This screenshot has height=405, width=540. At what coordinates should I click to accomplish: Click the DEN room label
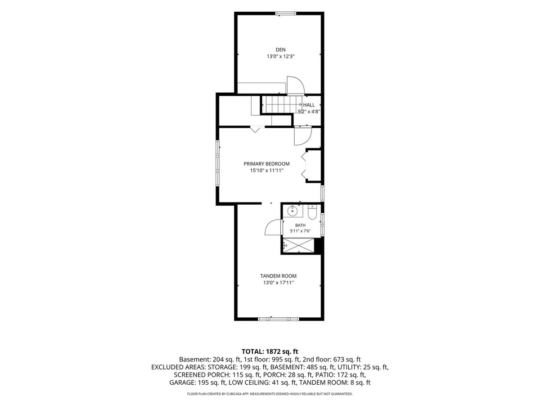coord(280,49)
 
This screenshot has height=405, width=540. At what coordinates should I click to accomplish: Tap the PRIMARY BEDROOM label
coord(266,164)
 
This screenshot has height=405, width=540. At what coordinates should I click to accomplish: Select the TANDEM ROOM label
coord(278,276)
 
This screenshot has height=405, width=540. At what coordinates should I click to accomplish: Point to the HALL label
coord(309,105)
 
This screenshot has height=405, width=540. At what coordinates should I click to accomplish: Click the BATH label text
coord(300,225)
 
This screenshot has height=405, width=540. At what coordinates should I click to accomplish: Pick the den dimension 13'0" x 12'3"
coord(280,56)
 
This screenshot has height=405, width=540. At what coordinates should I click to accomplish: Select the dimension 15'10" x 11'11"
coord(267,171)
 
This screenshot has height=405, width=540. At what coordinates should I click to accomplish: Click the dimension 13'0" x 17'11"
coord(278,283)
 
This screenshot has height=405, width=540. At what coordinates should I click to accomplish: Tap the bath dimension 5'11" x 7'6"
coord(300,231)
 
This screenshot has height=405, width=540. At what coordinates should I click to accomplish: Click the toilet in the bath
coord(312,212)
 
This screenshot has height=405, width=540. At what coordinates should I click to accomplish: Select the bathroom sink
coord(292,211)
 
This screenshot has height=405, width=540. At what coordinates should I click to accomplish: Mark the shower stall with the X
coord(298,245)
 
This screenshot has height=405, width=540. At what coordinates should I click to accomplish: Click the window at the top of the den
coord(285,13)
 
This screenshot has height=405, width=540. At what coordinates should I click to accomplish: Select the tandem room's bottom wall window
coord(279,319)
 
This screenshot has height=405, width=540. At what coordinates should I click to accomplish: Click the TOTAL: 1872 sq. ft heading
coord(270,351)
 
